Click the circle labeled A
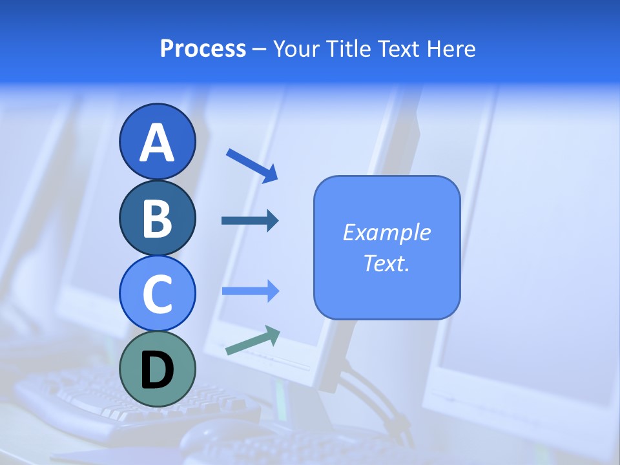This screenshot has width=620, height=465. click(157, 141)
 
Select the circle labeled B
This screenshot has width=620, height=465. click(157, 218)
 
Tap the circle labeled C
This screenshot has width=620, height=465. click(157, 293)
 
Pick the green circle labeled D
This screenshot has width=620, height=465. click(157, 369)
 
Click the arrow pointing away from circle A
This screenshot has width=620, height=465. click(252, 165)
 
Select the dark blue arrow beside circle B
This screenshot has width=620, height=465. click(250, 221)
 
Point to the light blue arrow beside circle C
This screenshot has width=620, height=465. click(250, 291)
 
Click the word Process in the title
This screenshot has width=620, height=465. click(203, 49)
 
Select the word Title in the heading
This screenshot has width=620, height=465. click(348, 49)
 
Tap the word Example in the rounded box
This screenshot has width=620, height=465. click(387, 232)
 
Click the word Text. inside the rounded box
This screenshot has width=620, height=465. click(387, 263)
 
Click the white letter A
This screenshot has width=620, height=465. click(157, 143)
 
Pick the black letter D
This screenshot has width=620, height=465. click(157, 370)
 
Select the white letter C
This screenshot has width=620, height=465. click(157, 294)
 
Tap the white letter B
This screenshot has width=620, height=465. click(157, 219)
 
